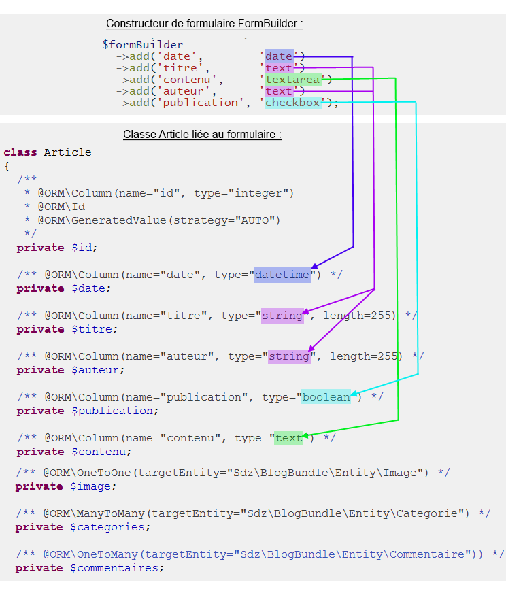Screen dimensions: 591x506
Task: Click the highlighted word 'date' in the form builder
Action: coord(279,56)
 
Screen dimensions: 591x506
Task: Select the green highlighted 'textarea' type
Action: coord(292,80)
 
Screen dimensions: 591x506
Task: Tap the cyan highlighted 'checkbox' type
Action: coord(292,103)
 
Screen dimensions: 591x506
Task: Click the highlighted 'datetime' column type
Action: coord(282,275)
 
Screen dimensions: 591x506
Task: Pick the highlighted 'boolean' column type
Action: coord(326,397)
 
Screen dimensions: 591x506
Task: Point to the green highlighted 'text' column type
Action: coord(288,438)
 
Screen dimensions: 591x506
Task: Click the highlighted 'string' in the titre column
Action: coord(282,316)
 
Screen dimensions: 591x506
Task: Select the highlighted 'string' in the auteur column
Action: coord(289,356)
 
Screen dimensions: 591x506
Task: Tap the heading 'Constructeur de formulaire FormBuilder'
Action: coord(204,24)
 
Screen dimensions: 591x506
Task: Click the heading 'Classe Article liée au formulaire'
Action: coord(202,135)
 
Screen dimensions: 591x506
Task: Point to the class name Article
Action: coord(67,152)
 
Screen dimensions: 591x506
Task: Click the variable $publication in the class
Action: coord(114,411)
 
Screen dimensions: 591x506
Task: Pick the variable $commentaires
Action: coord(117,568)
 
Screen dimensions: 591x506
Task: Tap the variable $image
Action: coord(93,486)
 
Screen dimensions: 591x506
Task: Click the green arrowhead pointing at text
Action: coord(305,435)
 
